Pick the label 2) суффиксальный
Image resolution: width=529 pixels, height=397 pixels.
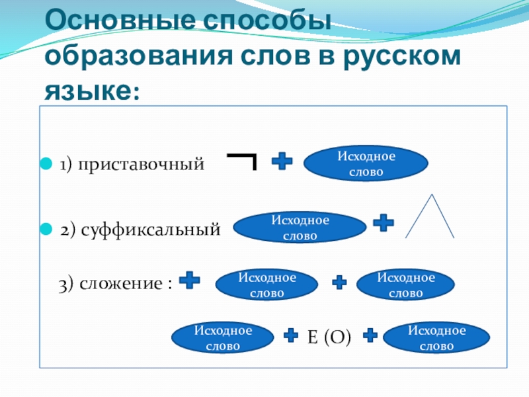click(x=140, y=230)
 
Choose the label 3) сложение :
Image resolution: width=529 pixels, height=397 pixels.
click(x=116, y=284)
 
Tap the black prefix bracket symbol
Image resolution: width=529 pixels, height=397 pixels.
click(x=243, y=161)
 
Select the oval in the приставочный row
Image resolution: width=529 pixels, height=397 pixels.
click(x=366, y=163)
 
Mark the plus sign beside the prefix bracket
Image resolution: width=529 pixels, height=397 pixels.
click(x=282, y=161)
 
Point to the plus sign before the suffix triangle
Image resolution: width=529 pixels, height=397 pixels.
click(x=383, y=223)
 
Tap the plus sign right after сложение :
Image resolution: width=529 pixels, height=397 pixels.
click(x=190, y=281)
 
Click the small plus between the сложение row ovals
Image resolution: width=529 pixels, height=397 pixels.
click(x=339, y=283)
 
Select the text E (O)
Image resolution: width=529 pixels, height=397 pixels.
click(x=329, y=338)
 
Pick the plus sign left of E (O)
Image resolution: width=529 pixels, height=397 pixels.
click(x=290, y=336)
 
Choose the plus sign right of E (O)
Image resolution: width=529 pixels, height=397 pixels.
click(x=370, y=336)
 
